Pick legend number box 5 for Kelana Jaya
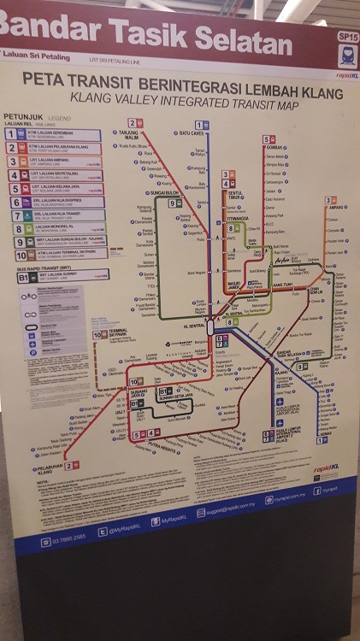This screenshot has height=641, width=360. (x=14, y=189)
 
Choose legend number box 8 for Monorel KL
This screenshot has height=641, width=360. (x=18, y=229)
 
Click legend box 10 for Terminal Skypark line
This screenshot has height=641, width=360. (x=20, y=255)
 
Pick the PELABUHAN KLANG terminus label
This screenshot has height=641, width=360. (x=51, y=469)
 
